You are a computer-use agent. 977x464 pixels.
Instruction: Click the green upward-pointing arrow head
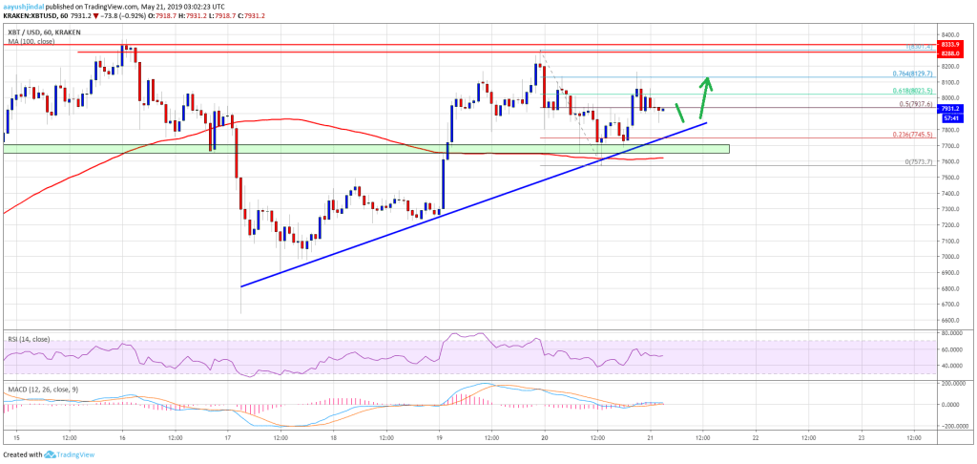click(x=707, y=81)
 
